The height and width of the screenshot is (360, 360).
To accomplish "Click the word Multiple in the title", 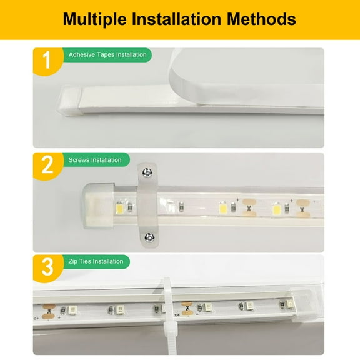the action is coord(94,19).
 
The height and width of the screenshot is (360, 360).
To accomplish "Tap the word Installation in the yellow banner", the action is coord(176,19).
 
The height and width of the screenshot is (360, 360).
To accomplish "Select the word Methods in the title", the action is coord(261,19).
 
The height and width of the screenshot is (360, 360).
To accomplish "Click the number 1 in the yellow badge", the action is coord(47,59).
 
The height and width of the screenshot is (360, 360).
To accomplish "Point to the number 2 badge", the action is coord(48,166).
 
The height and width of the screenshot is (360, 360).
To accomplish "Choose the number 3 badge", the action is coord(48,267).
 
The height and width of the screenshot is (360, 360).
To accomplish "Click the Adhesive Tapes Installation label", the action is coord(107,54).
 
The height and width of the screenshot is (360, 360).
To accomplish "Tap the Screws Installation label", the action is coord(95,160).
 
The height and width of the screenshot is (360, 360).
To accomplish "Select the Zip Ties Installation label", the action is coord(96,261).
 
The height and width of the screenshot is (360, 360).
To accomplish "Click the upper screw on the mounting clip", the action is coord(147,172).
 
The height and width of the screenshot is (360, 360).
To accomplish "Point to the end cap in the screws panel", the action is coord(99,206).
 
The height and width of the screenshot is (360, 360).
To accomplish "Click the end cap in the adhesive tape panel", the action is coord(69,101).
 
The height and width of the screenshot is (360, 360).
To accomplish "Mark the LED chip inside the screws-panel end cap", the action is coord(119,209).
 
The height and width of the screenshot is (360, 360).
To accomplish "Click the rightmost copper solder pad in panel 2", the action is coord(302,209).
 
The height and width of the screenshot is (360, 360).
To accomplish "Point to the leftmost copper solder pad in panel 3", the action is coord(49,311).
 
